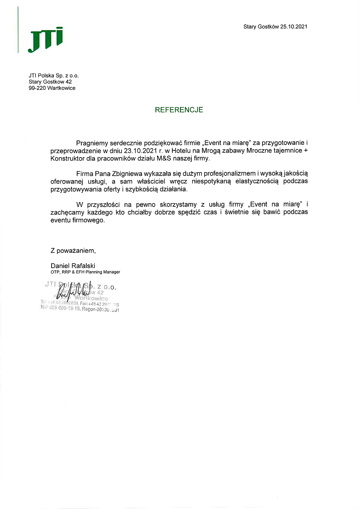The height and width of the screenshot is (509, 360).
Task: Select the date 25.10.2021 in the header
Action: click(294, 27)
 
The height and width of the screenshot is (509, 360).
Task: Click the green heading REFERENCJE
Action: click(179, 110)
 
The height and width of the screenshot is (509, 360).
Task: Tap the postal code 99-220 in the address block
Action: click(37, 88)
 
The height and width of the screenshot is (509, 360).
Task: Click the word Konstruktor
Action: click(67, 158)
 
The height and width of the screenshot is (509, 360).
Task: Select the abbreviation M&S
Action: click(163, 158)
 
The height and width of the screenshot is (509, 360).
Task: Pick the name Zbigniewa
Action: click(127, 173)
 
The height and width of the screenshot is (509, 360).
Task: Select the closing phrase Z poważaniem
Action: click(73, 250)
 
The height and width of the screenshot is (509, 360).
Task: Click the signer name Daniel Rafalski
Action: click(73, 266)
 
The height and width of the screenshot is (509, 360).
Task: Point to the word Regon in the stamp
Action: click(88, 309)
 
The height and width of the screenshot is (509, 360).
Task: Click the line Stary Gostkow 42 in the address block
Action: click(50, 82)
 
